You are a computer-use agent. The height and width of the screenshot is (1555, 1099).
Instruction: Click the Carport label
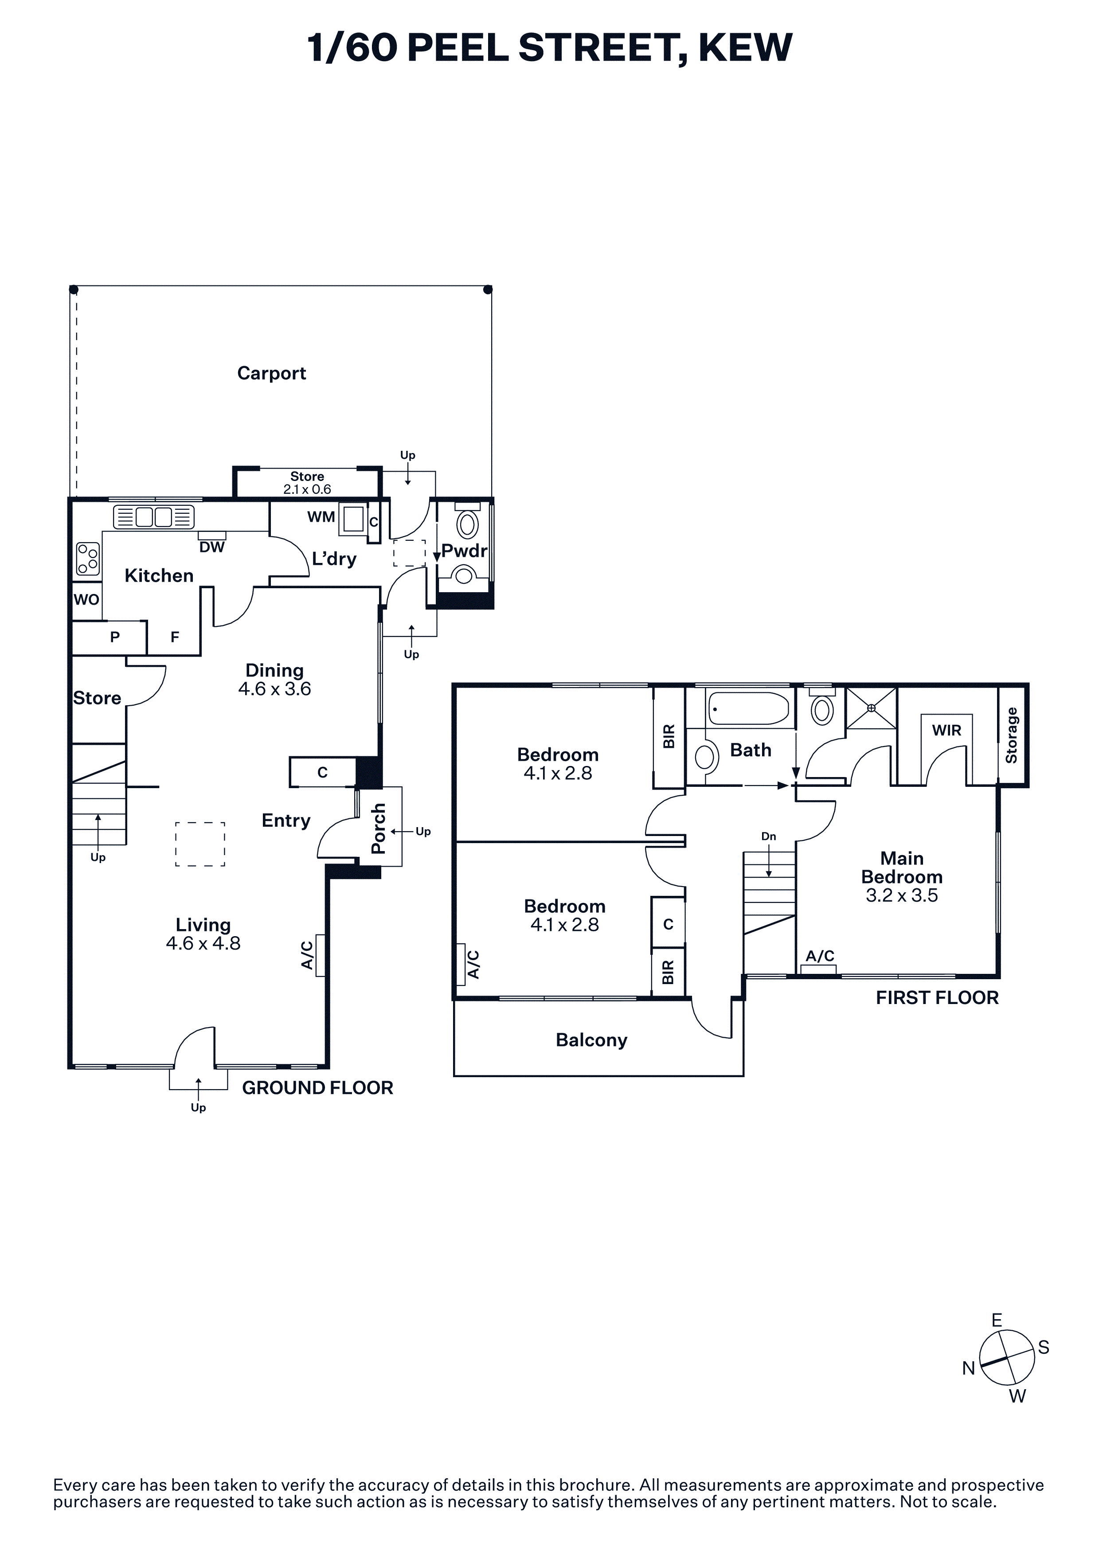[271, 373]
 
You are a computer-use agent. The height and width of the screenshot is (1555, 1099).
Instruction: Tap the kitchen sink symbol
[154, 517]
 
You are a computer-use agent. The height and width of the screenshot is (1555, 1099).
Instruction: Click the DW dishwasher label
[212, 547]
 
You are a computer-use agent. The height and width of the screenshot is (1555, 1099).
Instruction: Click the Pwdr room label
[465, 551]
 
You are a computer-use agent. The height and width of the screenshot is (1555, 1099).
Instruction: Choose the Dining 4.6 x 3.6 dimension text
[274, 689]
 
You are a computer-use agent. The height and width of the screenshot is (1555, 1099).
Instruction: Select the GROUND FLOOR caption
[317, 1088]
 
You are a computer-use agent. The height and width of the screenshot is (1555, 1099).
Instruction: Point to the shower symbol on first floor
[872, 708]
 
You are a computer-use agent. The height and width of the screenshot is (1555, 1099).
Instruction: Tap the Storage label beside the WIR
[1012, 735]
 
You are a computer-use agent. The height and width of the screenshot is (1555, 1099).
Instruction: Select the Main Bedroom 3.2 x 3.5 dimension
[902, 895]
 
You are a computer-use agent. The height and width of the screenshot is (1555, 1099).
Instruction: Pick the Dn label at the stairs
[769, 836]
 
